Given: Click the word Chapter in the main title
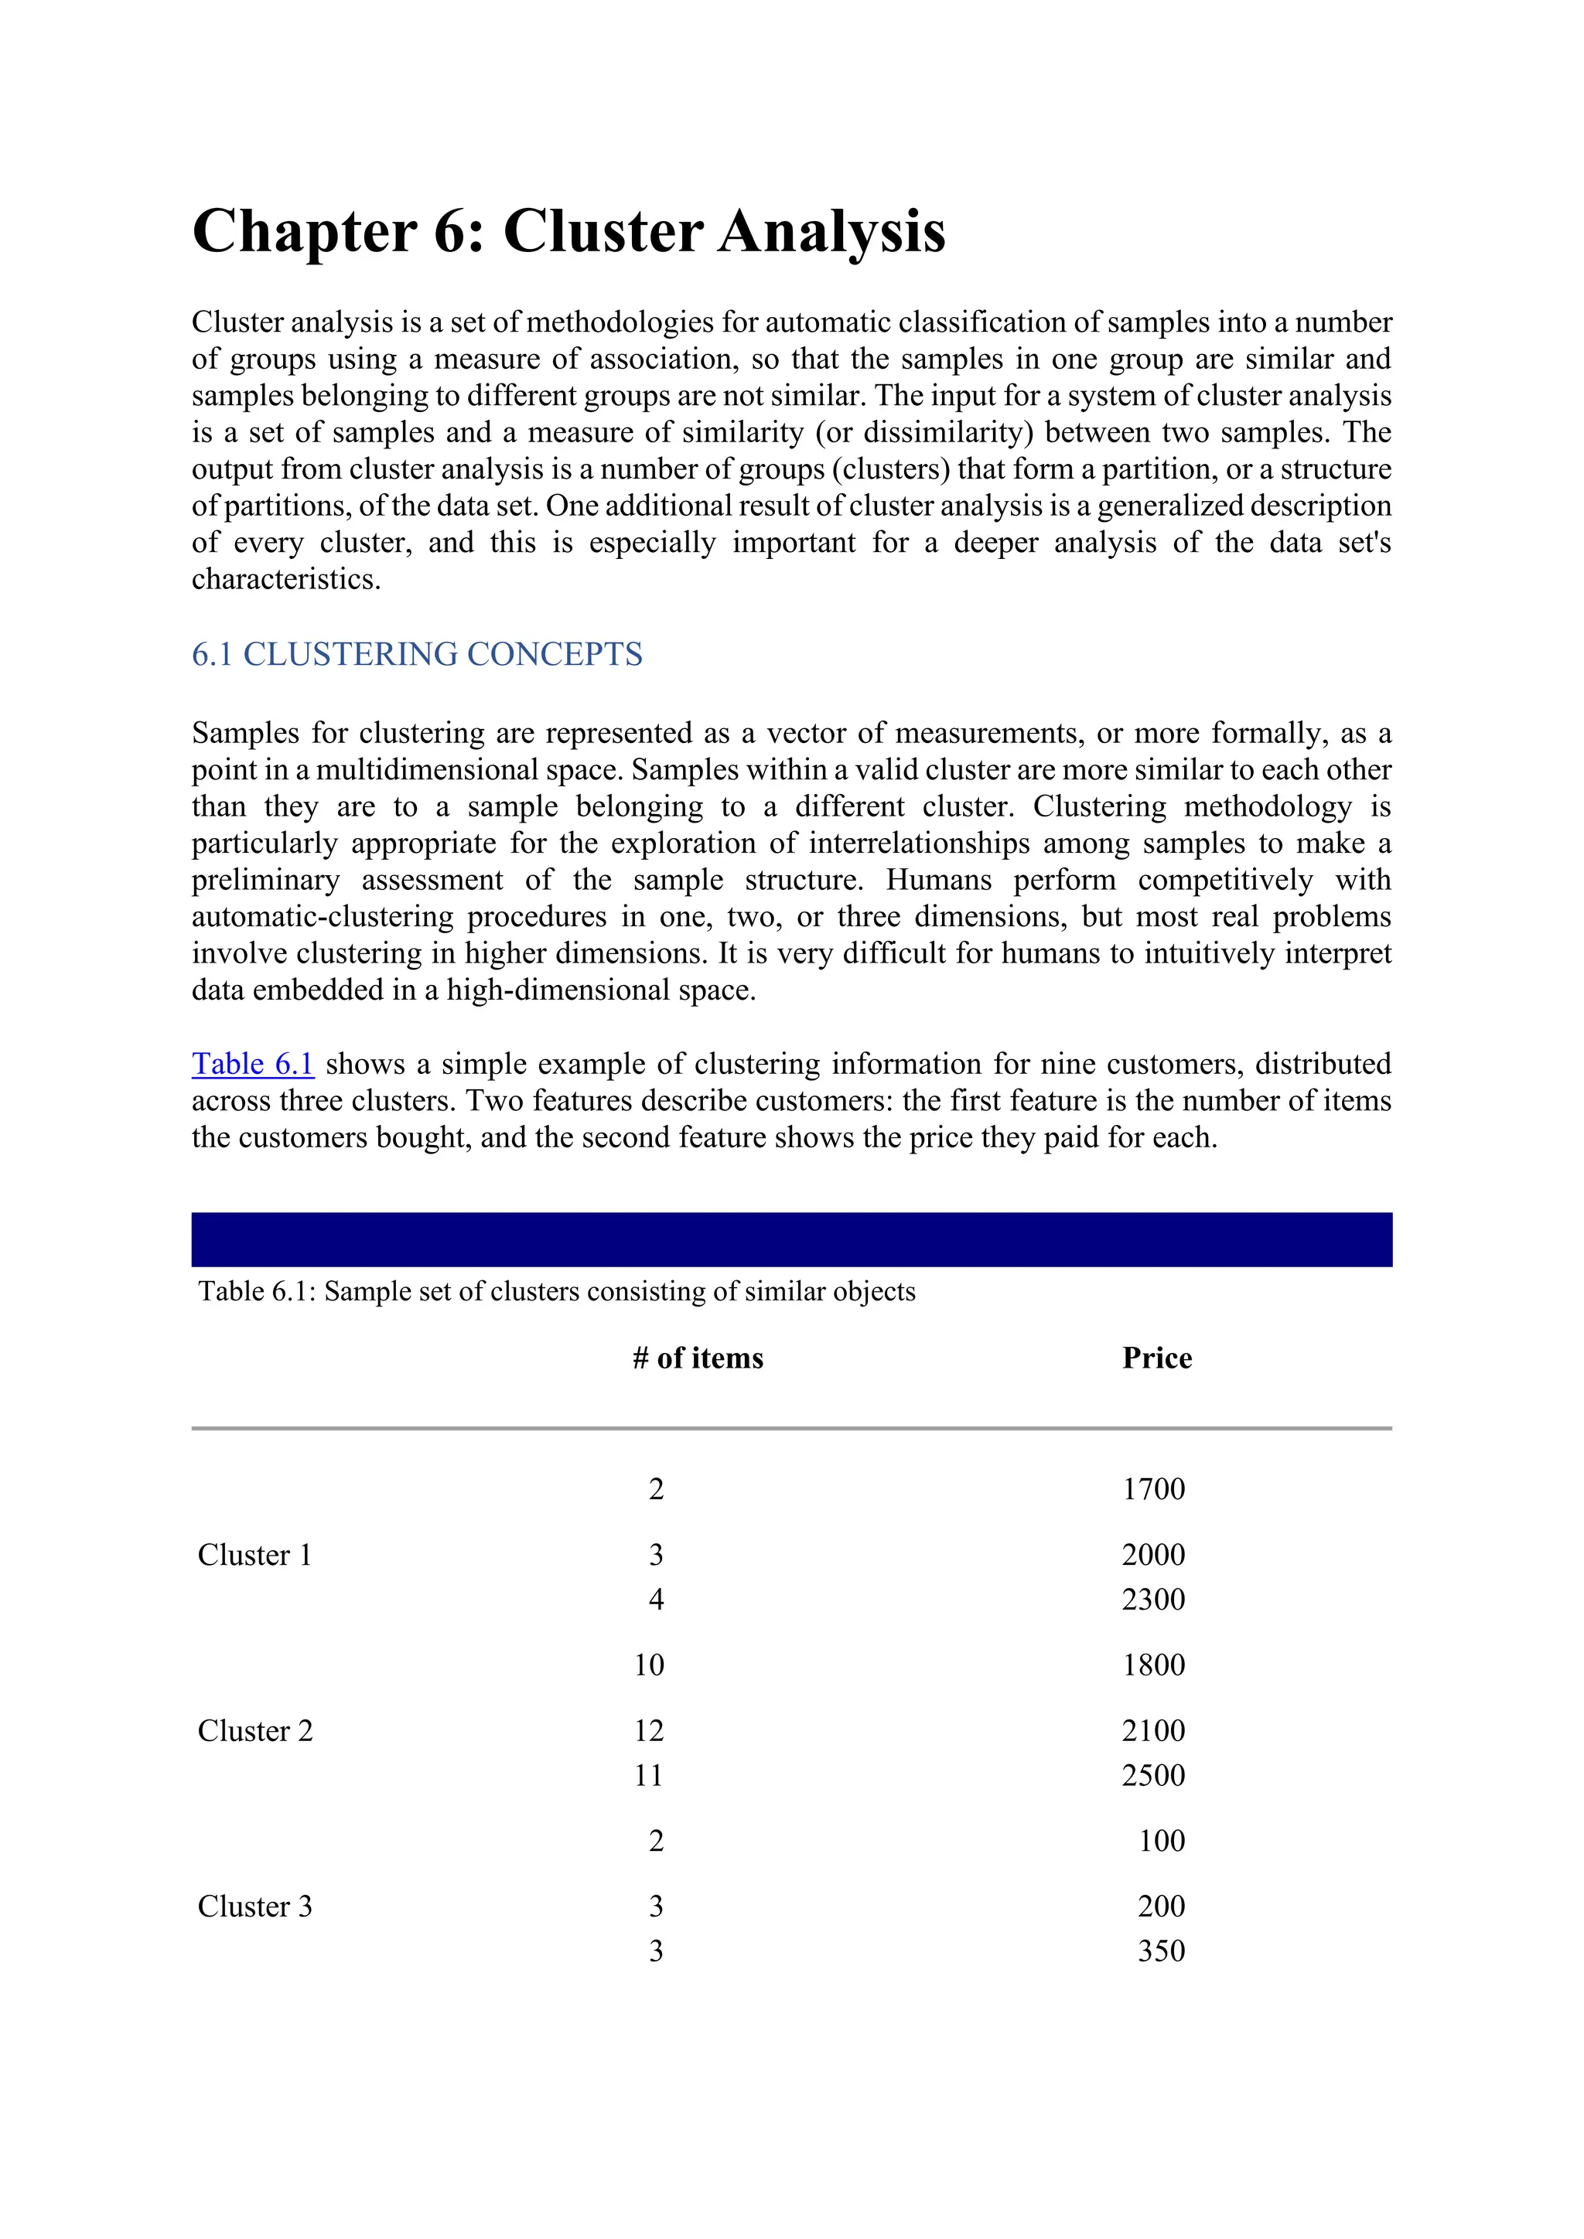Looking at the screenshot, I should (304, 232).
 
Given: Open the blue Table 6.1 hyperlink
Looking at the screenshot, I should (253, 1064).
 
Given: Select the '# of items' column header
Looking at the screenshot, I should (698, 1358).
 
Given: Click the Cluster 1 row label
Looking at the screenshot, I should (254, 1556).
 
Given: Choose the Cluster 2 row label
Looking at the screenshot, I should (254, 1731).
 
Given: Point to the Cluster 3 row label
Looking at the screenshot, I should (254, 1907).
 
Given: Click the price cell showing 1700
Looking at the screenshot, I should (1153, 1489).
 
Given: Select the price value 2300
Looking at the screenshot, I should (1153, 1600).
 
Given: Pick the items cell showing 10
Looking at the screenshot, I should (649, 1665).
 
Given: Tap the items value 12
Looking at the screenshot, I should (649, 1731).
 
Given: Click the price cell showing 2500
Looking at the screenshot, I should (1153, 1775).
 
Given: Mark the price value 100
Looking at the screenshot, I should (1161, 1841).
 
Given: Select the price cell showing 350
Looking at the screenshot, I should (1161, 1951).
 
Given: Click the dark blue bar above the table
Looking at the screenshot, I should (791, 1239).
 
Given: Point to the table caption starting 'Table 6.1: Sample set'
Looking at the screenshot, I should (556, 1292).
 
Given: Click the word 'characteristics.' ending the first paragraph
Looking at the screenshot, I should (285, 580).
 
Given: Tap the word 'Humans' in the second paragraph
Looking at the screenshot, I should (937, 881).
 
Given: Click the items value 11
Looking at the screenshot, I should (649, 1775).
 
